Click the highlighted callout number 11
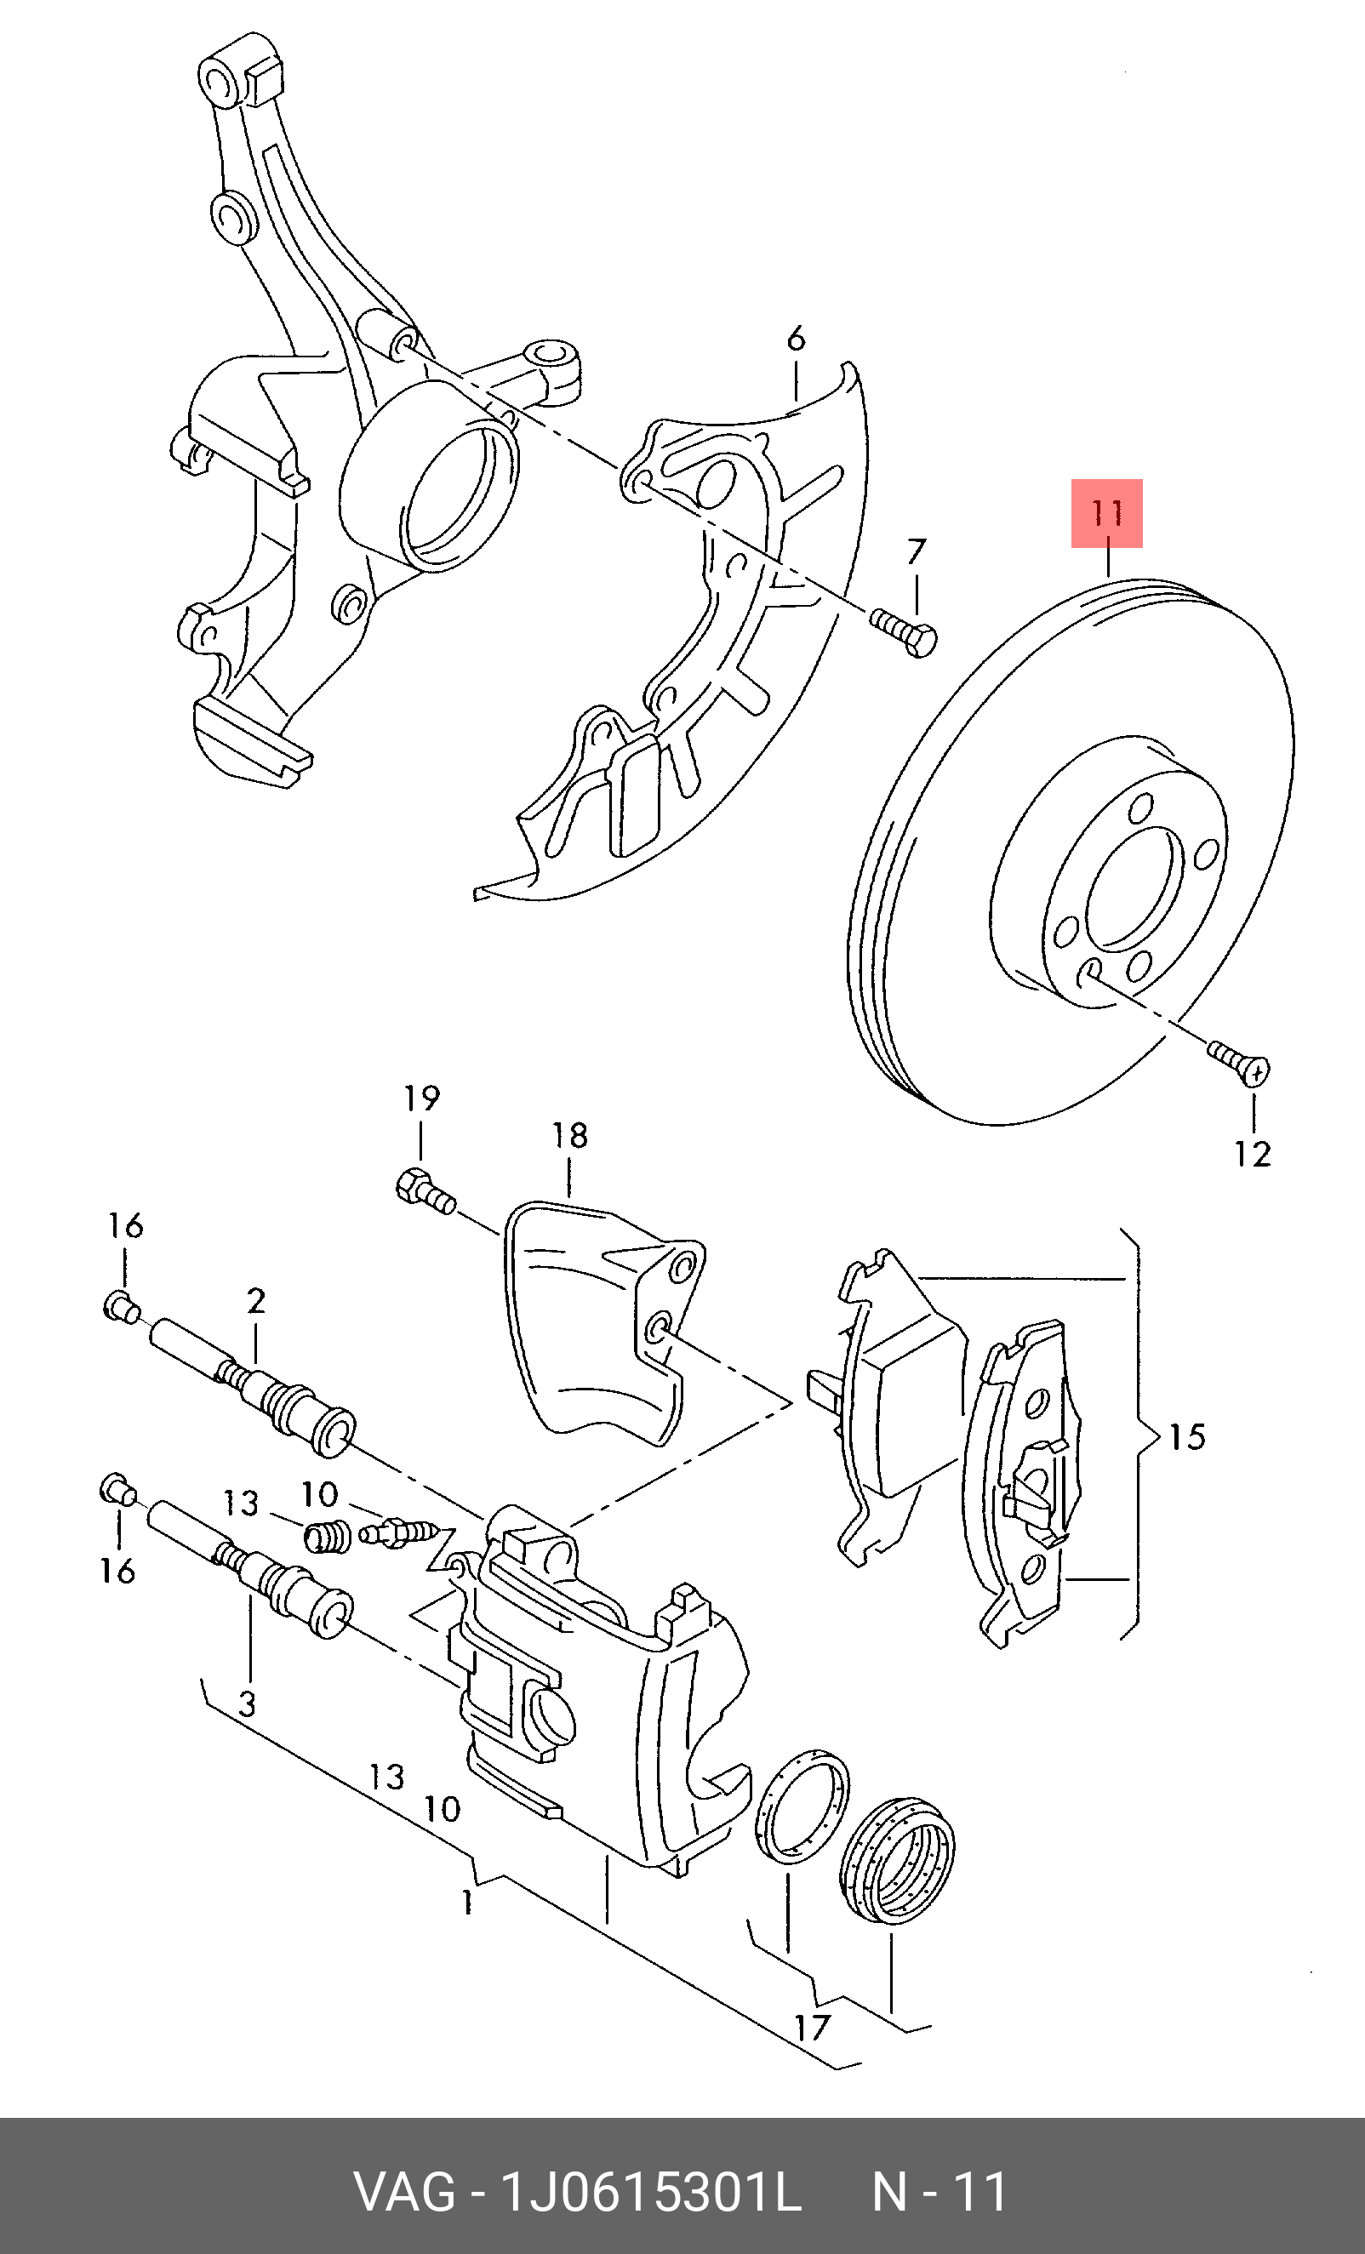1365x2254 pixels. [x=1107, y=513]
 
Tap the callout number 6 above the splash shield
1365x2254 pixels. [x=796, y=340]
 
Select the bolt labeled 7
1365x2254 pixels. [x=903, y=632]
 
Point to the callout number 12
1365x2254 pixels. [x=1252, y=1155]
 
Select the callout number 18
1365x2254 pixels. [x=569, y=1136]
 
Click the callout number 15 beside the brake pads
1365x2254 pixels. [x=1187, y=1436]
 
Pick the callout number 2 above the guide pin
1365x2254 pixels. [x=256, y=1301]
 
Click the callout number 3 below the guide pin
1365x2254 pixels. [x=247, y=1703]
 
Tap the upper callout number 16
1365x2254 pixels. [x=125, y=1226]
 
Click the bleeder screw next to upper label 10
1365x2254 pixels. [x=397, y=1533]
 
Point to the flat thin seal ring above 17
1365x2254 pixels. [x=802, y=1806]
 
